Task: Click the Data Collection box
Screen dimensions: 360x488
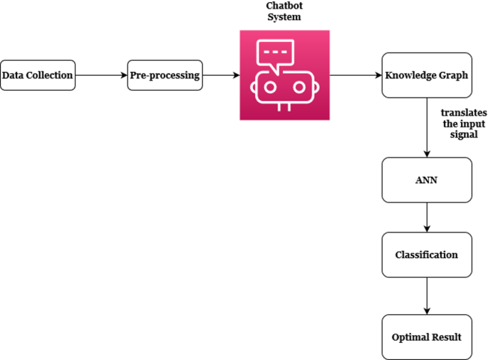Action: (x=38, y=75)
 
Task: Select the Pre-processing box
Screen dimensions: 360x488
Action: (x=165, y=75)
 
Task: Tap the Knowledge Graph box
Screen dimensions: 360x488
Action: (x=427, y=75)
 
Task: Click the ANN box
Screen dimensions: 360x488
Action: (x=427, y=180)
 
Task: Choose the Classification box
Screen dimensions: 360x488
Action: (x=427, y=254)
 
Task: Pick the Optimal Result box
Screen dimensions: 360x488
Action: (x=427, y=336)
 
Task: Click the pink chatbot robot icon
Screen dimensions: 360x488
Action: (x=284, y=75)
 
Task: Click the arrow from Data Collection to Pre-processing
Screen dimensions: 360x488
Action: (x=101, y=75)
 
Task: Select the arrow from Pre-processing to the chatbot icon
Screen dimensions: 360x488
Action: (x=221, y=75)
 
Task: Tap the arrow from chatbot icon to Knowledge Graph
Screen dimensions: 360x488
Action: (x=355, y=75)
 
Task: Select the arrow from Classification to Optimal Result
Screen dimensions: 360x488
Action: (x=427, y=295)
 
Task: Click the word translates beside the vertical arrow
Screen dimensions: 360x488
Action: (x=462, y=113)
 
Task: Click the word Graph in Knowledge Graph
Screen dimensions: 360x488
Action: (x=453, y=75)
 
